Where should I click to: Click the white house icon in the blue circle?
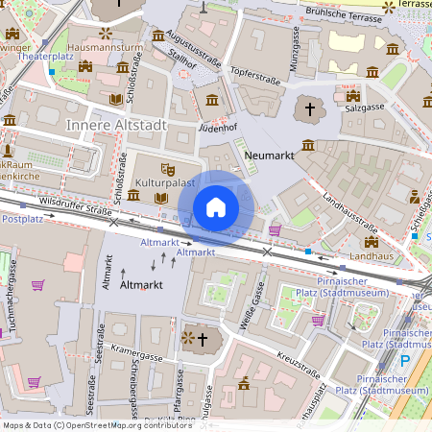point(216,207)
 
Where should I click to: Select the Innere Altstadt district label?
point(116,126)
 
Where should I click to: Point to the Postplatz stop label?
point(24,219)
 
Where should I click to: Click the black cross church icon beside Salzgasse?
point(309,108)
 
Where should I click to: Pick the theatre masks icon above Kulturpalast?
point(168,168)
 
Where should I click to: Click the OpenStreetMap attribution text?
point(97,424)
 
